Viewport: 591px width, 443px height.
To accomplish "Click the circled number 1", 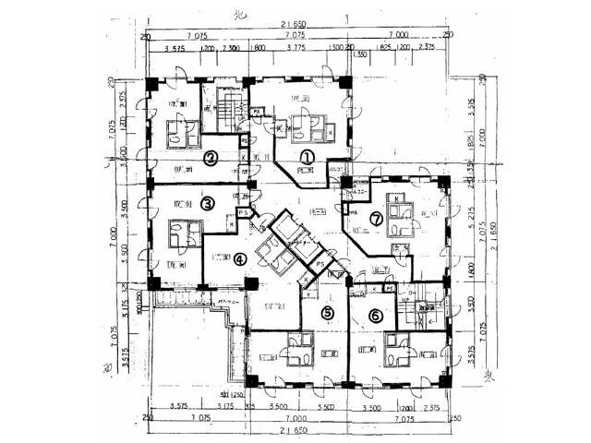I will point(307,156).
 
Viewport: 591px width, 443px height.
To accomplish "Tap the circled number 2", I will point(211,158).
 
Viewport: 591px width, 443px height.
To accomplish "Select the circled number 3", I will point(208,203).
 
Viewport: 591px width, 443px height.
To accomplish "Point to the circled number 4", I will point(240,259).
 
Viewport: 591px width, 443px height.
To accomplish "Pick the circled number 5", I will point(327,313).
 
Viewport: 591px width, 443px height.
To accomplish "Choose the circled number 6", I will point(375,315).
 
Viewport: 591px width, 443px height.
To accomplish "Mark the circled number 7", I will point(376,219).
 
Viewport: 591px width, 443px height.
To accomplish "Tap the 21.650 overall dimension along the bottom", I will point(298,429).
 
